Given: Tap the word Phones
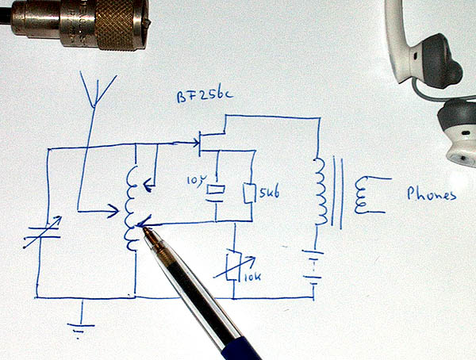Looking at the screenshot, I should [x=431, y=193].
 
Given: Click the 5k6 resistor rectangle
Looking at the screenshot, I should [x=249, y=193].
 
